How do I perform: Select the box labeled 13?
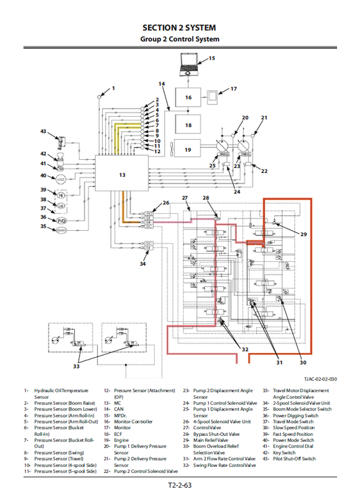click(x=122, y=174)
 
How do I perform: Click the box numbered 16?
click(x=188, y=97)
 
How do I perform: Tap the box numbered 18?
click(x=188, y=125)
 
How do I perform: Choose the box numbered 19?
click(x=188, y=150)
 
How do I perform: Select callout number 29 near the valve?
click(x=303, y=234)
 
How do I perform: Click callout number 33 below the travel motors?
click(x=76, y=366)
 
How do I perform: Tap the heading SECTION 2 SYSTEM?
click(x=180, y=28)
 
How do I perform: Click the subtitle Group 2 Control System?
click(x=180, y=39)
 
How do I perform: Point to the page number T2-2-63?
click(x=180, y=485)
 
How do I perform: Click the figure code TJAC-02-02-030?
click(x=319, y=379)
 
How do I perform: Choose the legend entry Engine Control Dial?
click(x=297, y=446)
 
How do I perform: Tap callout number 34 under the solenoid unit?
click(x=143, y=264)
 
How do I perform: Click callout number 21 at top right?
click(x=264, y=117)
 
